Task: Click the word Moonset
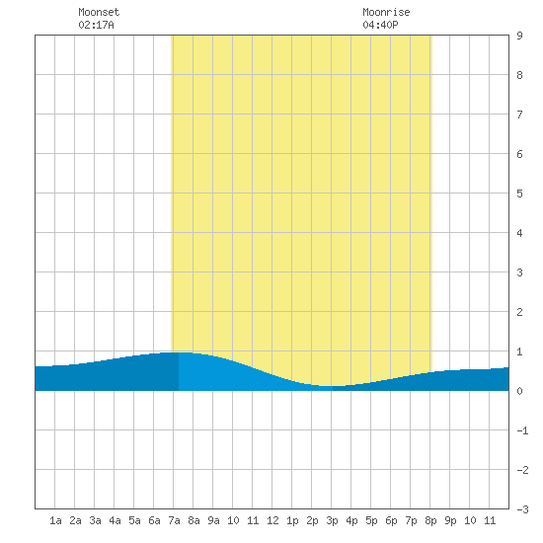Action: tap(99, 12)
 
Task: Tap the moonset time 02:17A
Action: tap(96, 25)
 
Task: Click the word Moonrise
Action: tap(386, 12)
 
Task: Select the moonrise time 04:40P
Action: tap(380, 25)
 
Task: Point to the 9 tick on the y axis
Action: tap(519, 36)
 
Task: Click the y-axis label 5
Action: tap(519, 194)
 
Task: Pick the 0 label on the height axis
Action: tap(519, 391)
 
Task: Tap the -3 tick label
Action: tap(522, 509)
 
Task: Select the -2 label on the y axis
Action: tap(522, 470)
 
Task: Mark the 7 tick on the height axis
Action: tap(519, 115)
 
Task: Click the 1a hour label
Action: tap(55, 520)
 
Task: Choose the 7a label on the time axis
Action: tap(174, 520)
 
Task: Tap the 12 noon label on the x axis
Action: tap(272, 520)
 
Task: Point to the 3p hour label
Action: tap(332, 520)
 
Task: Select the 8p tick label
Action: tap(430, 520)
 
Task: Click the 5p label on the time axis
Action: tap(371, 520)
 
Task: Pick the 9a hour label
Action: tap(213, 520)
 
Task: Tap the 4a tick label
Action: tap(115, 520)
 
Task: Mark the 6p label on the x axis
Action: tap(391, 520)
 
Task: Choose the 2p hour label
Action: tap(312, 520)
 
